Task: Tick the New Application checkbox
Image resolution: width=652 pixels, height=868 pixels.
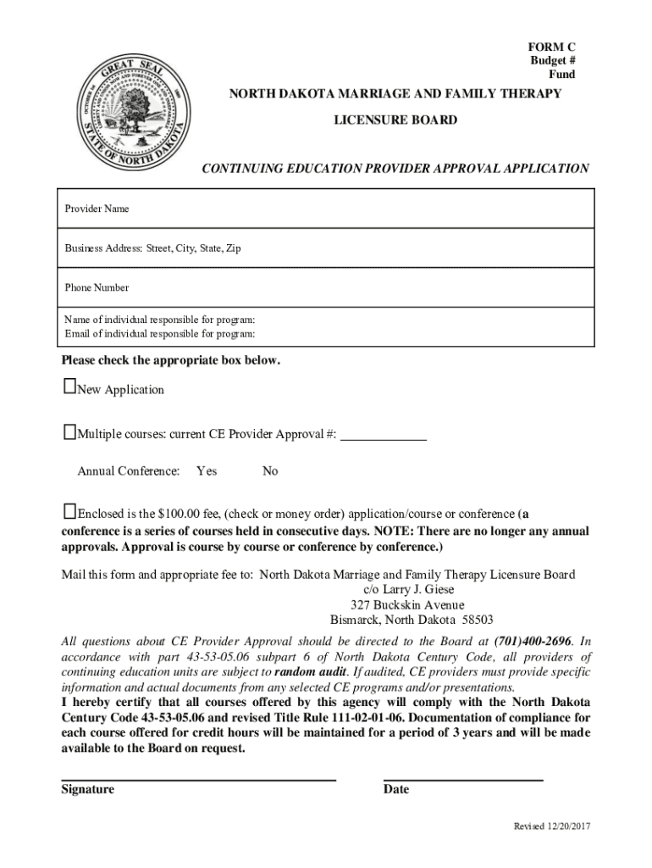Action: coord(69,387)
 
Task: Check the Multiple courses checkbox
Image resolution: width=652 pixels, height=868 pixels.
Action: coord(69,433)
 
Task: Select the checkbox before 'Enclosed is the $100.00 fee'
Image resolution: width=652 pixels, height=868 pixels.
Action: coord(69,511)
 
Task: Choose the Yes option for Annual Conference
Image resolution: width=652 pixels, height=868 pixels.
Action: coord(206,470)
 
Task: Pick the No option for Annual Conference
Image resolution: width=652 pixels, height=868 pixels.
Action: coord(270,470)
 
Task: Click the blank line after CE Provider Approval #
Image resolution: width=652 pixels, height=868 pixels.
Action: coord(383,437)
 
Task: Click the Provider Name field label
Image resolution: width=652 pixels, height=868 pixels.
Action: coord(97,209)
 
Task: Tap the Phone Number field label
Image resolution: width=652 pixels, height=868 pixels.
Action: coord(97,287)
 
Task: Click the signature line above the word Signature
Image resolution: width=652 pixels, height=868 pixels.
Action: coord(198,778)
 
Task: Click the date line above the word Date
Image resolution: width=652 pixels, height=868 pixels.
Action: coord(462,778)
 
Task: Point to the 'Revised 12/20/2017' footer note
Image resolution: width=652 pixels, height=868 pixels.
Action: coord(551,826)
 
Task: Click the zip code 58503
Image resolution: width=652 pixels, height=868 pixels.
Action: coord(476,620)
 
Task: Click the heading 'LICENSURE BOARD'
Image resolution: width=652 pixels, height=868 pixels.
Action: coord(395,120)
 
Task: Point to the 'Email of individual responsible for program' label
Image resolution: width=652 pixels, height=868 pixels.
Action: coord(159,333)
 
